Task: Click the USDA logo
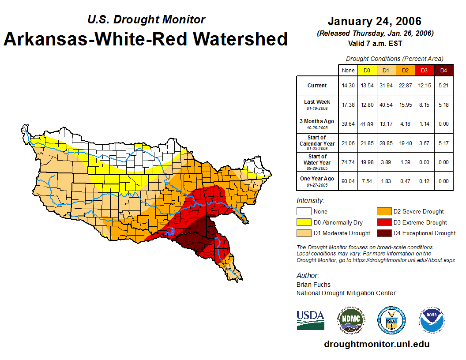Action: [311, 320]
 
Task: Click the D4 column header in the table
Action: [443, 70]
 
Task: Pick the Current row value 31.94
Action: [386, 86]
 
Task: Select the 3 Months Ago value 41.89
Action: [367, 124]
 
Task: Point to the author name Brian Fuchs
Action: [313, 285]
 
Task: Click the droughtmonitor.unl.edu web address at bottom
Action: [376, 344]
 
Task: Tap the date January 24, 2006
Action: [375, 21]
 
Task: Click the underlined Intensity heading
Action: [310, 201]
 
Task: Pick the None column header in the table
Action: [348, 70]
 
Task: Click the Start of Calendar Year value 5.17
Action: [443, 143]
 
